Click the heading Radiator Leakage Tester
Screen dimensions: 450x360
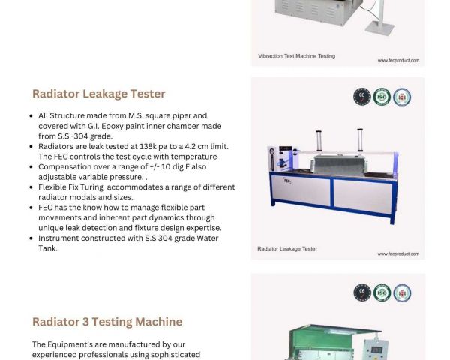click(x=99, y=94)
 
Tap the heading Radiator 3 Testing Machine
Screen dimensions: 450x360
click(x=107, y=322)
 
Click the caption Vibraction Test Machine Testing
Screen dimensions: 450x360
click(x=297, y=56)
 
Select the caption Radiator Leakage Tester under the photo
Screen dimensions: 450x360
click(x=287, y=249)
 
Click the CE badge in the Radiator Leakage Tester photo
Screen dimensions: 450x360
click(x=362, y=97)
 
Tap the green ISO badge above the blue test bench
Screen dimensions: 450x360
click(x=382, y=97)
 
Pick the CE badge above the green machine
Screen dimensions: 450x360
click(x=362, y=292)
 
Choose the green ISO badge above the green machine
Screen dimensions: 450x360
click(x=382, y=292)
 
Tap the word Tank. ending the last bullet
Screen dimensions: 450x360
click(x=48, y=248)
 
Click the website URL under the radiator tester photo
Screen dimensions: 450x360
click(x=398, y=253)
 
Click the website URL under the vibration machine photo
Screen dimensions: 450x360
click(x=398, y=61)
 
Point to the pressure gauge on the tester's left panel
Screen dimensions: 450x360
click(x=272, y=151)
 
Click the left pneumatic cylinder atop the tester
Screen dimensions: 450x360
click(x=319, y=141)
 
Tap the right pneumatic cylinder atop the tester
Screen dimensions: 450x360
click(x=360, y=140)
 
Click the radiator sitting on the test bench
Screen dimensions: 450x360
click(x=340, y=165)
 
